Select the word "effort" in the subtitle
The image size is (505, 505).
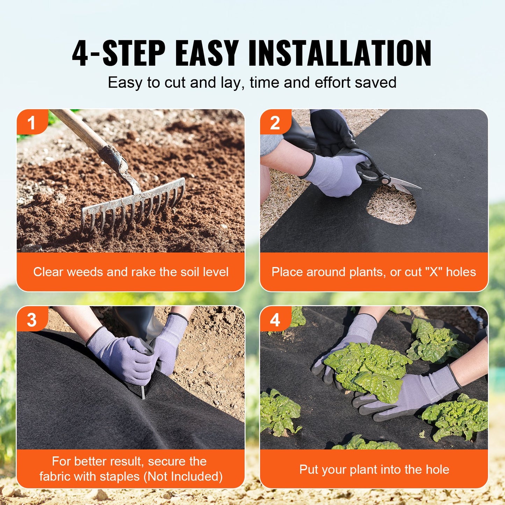point(332,83)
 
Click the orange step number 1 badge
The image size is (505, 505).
point(31,123)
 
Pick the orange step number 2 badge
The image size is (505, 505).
point(275,123)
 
